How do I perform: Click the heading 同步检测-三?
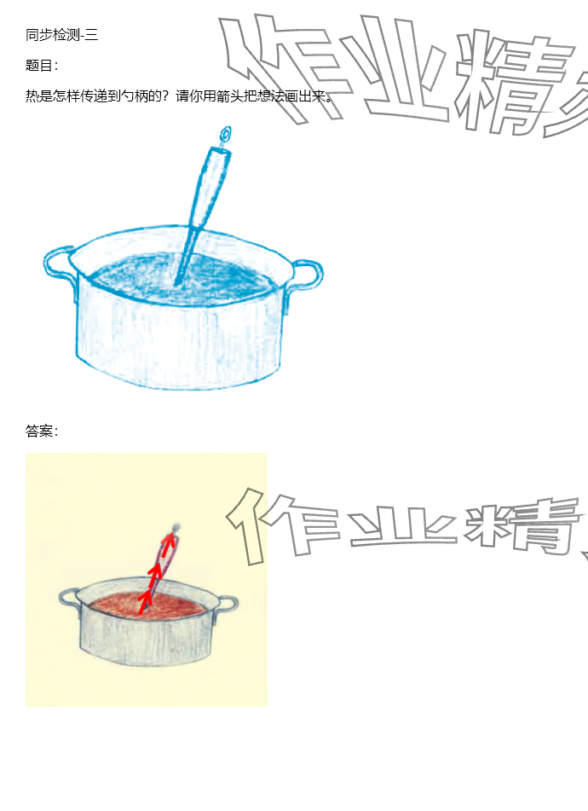(x=61, y=35)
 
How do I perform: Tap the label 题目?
(x=42, y=65)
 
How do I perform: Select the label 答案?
(x=42, y=431)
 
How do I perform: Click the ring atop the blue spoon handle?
(x=226, y=135)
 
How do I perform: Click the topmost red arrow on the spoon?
(x=169, y=544)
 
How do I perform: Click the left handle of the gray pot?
(x=69, y=598)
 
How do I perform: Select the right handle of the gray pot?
(x=227, y=605)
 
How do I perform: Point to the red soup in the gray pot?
(x=147, y=606)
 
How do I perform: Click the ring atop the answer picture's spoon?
(x=176, y=528)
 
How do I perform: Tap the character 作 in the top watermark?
(x=279, y=67)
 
